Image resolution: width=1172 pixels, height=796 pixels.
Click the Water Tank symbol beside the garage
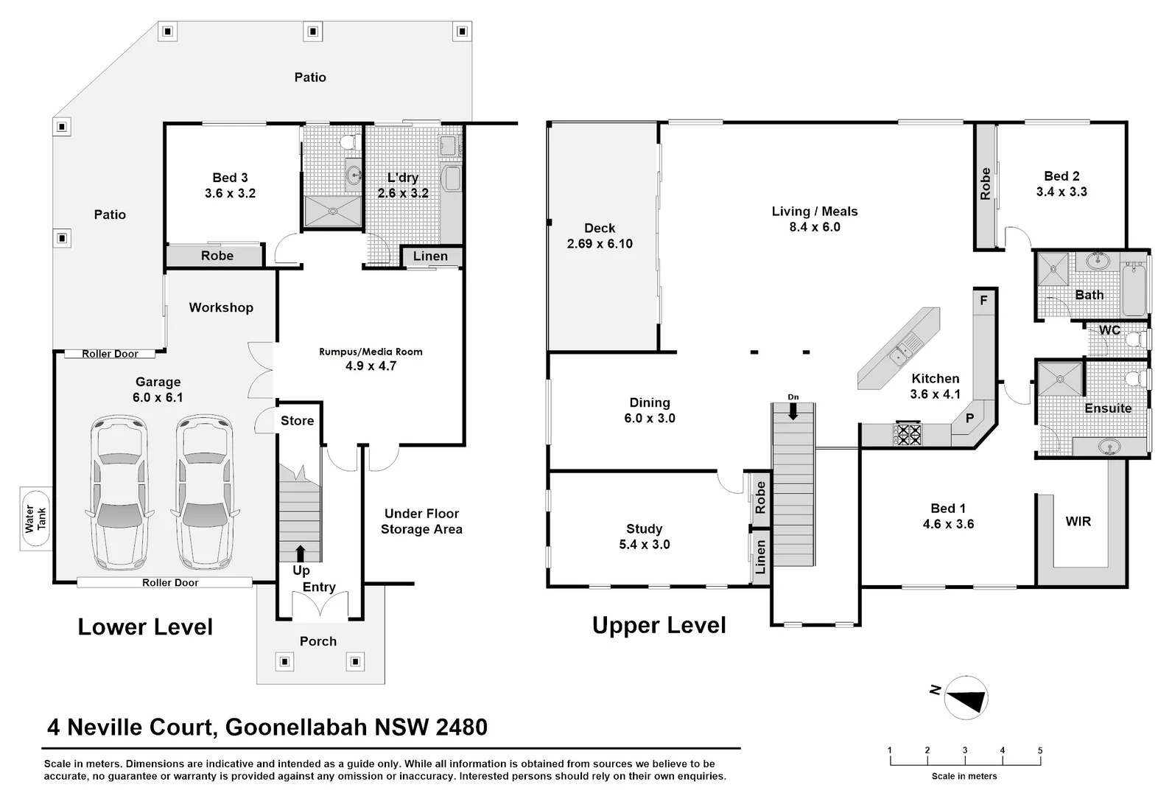point(36,518)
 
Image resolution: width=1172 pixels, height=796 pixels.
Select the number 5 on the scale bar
point(1040,750)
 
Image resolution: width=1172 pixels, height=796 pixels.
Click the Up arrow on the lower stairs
point(300,554)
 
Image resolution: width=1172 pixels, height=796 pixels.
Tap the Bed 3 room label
point(230,178)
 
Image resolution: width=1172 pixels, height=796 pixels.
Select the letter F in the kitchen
point(983,301)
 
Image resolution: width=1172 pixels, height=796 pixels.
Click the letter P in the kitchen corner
point(969,418)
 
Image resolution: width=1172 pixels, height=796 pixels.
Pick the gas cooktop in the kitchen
point(908,433)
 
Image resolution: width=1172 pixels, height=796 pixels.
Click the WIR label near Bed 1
point(1078,521)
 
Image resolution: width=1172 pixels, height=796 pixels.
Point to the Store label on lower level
point(297,421)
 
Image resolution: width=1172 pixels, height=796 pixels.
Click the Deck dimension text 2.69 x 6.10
point(600,244)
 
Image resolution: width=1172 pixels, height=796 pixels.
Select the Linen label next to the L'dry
point(430,256)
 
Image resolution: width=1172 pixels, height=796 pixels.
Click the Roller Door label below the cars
point(170,582)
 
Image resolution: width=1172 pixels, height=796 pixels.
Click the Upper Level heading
point(659,625)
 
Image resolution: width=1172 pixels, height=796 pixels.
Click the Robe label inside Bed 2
point(985,184)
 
